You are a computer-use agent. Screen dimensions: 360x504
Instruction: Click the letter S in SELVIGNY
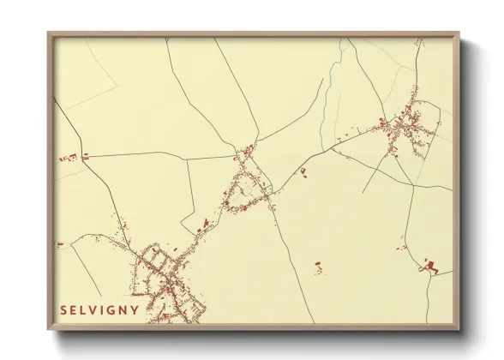pos(63,310)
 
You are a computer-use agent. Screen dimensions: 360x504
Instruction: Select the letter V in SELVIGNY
pos(92,310)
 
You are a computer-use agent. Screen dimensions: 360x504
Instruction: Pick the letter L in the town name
pos(82,310)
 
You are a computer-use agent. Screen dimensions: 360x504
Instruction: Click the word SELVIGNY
pos(99,310)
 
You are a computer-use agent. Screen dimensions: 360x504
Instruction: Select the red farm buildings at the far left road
pos(72,157)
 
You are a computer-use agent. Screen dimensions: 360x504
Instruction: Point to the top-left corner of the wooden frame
pos(49,34)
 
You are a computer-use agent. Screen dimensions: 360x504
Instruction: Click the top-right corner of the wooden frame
pos(459,34)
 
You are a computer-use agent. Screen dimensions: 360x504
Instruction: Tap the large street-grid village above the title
pos(163,279)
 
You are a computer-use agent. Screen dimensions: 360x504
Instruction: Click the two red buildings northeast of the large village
pos(206,225)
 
